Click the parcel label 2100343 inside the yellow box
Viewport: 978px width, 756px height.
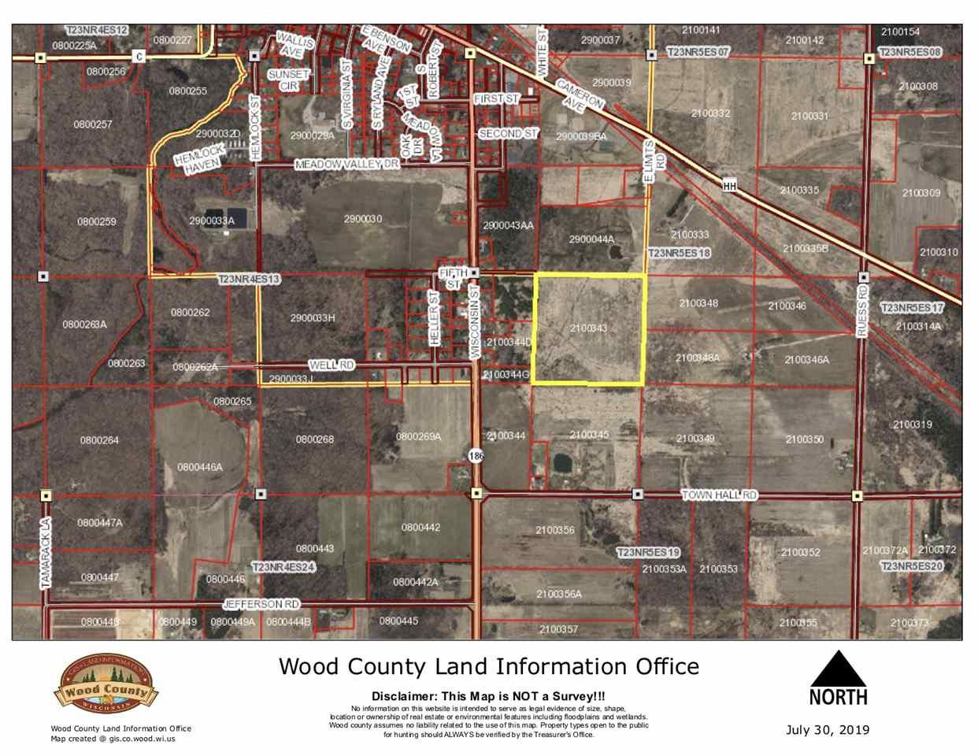(x=587, y=328)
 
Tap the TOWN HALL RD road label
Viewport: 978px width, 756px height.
(x=718, y=495)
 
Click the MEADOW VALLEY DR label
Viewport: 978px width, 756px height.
(x=347, y=165)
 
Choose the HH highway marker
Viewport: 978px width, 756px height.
(x=729, y=186)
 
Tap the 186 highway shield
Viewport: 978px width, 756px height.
(x=476, y=456)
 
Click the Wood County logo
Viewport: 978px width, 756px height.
(x=106, y=687)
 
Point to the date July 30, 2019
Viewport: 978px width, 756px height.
(x=828, y=730)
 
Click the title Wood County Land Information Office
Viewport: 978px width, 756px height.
(x=488, y=667)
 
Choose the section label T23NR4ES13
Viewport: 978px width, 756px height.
(x=249, y=279)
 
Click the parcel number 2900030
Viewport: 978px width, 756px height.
(x=362, y=219)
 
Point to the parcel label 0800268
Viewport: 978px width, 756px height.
(x=315, y=439)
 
